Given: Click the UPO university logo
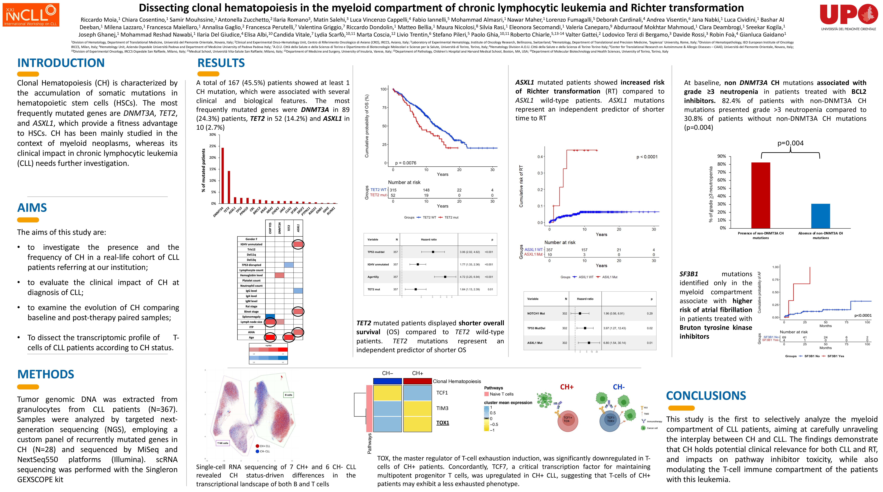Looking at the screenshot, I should tap(848, 16).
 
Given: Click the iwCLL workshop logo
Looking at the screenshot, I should tap(31, 15).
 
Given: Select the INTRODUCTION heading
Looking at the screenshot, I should tap(61, 63).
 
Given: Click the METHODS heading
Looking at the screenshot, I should tap(46, 374).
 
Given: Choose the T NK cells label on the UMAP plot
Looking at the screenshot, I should tap(223, 443).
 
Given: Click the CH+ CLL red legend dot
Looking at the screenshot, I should tap(257, 446).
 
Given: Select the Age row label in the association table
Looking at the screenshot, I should tap(251, 337).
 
